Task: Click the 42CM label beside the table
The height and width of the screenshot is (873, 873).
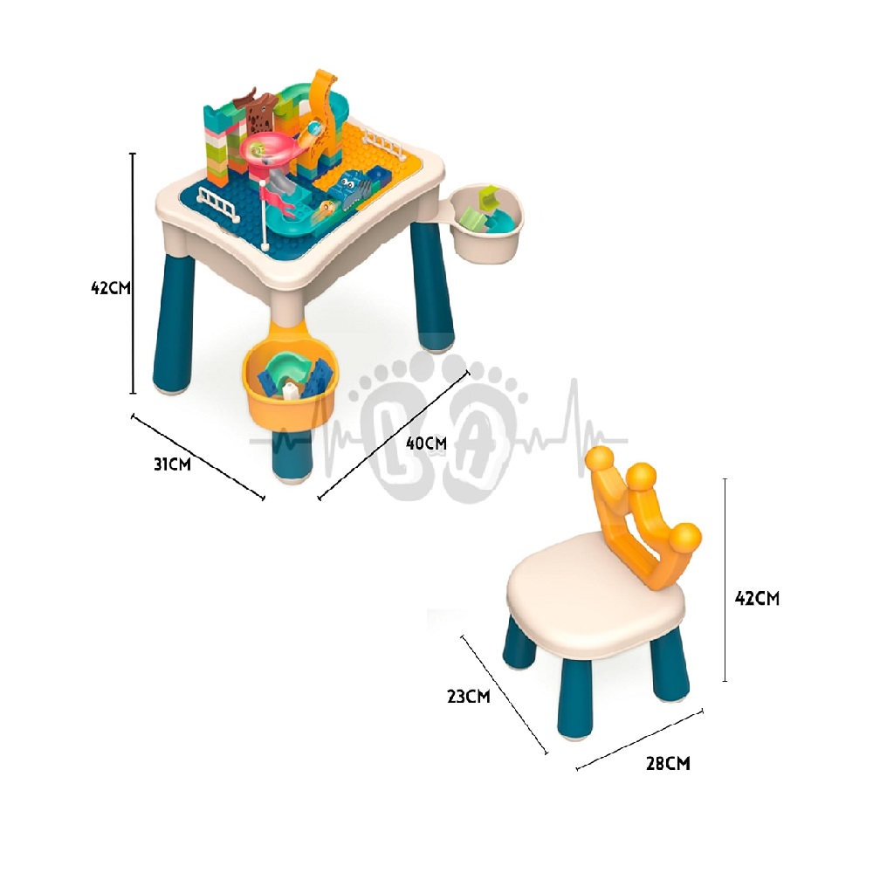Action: tap(111, 288)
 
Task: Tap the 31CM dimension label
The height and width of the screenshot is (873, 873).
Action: tap(172, 464)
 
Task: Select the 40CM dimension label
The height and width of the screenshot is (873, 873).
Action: tap(426, 443)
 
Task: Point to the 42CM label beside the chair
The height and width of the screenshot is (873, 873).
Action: tap(757, 598)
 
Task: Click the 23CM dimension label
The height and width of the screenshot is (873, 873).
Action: tap(468, 696)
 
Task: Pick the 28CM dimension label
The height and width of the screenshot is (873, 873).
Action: tap(668, 763)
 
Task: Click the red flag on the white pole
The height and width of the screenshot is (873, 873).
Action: tap(276, 199)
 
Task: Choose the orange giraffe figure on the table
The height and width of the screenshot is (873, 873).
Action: tap(321, 120)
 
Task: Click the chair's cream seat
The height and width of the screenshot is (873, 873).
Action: tap(595, 593)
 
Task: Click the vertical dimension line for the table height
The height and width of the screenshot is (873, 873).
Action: tap(133, 272)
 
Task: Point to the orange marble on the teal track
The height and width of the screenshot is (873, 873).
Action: tap(327, 209)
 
